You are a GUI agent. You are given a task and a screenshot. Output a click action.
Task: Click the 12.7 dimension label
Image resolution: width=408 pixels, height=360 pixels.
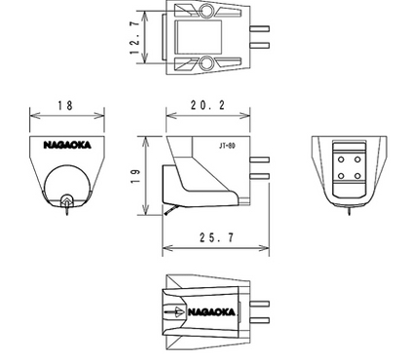click(x=135, y=38)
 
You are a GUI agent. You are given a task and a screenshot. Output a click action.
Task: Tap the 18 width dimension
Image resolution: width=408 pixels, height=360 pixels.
click(x=65, y=105)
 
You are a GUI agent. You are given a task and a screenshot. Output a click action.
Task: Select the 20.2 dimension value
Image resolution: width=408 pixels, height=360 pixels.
click(x=207, y=105)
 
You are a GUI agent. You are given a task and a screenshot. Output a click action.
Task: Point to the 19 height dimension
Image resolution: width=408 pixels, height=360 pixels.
click(x=135, y=176)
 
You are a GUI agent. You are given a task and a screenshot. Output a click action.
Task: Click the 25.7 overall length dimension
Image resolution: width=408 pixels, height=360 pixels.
click(x=216, y=237)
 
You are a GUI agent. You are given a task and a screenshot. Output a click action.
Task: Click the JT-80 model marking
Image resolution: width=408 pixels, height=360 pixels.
click(x=227, y=146)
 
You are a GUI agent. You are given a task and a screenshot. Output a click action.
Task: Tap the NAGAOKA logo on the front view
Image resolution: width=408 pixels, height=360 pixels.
click(x=67, y=145)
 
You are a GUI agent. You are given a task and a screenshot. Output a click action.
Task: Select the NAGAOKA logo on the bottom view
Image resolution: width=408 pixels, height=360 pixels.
click(x=211, y=312)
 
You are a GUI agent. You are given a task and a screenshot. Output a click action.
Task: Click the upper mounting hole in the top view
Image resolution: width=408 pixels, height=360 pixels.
click(x=205, y=11)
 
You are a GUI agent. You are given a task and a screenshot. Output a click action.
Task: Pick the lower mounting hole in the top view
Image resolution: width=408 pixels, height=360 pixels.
click(x=205, y=63)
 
